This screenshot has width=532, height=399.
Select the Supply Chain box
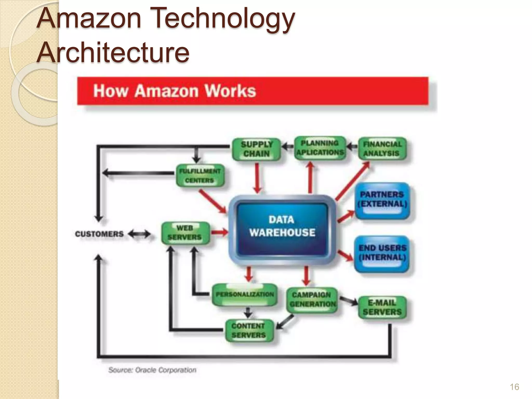point(256,149)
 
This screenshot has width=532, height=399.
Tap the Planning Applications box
point(320,147)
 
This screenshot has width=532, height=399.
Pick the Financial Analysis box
point(382,148)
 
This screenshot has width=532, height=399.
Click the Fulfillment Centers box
point(200,176)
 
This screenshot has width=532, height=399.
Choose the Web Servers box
point(185,233)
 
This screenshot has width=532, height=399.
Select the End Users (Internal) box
point(382,253)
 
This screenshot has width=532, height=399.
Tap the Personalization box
point(244,295)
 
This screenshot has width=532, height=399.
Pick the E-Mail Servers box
point(382,307)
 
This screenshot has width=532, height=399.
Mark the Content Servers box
point(249,330)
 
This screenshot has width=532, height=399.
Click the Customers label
point(99,234)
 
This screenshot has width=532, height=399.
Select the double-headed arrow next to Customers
point(139,234)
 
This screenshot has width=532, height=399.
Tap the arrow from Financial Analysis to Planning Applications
point(352,147)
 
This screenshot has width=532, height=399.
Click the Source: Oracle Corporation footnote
point(152,370)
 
